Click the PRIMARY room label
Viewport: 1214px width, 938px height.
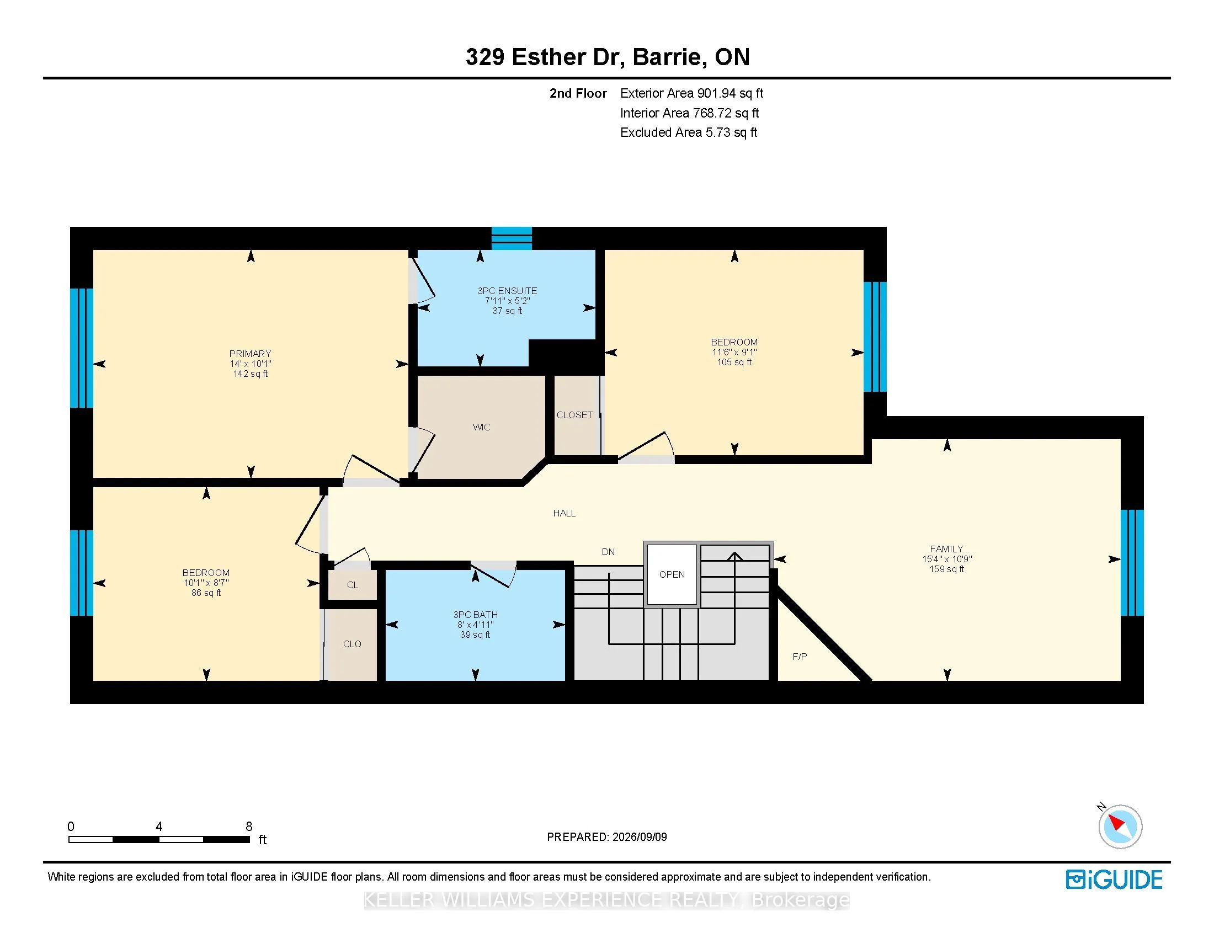pyautogui.click(x=250, y=354)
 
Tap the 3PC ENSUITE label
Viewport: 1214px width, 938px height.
pyautogui.click(x=507, y=291)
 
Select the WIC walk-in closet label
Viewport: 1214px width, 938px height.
pyautogui.click(x=481, y=427)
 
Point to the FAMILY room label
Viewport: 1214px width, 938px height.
pyautogui.click(x=946, y=549)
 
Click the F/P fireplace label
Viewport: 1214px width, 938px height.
pyautogui.click(x=800, y=657)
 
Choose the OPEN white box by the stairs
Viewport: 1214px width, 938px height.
pyautogui.click(x=672, y=574)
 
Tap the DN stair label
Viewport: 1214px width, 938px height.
pyautogui.click(x=608, y=552)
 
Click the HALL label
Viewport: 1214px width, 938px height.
pyautogui.click(x=564, y=514)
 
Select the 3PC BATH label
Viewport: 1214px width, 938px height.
pyautogui.click(x=475, y=615)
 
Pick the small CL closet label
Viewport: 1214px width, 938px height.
pyautogui.click(x=353, y=585)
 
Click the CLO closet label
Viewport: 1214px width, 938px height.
pyautogui.click(x=352, y=644)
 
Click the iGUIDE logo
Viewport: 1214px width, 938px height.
pyautogui.click(x=1114, y=880)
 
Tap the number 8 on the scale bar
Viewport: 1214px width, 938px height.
pyautogui.click(x=249, y=827)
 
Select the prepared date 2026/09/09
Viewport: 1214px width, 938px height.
pyautogui.click(x=639, y=837)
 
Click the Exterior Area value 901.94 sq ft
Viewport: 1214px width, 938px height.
pyautogui.click(x=731, y=93)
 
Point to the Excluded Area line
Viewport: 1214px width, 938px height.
pyautogui.click(x=689, y=132)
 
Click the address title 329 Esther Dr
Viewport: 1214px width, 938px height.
pyautogui.click(x=541, y=57)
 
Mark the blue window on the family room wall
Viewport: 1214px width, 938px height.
pyautogui.click(x=1132, y=563)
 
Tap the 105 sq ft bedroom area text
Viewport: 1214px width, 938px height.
pyautogui.click(x=734, y=363)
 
